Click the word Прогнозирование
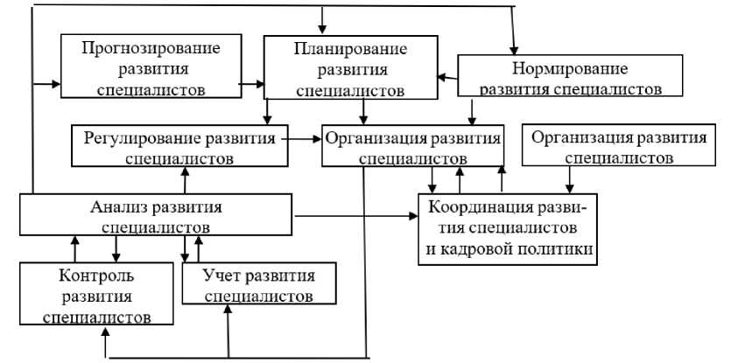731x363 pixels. (151, 48)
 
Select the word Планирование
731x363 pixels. (350, 48)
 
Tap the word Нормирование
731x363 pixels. (570, 68)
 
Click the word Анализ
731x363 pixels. (119, 206)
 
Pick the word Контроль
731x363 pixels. (96, 276)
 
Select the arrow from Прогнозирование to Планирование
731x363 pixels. (252, 84)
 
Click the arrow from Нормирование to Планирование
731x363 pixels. (447, 77)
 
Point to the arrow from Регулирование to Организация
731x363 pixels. (302, 138)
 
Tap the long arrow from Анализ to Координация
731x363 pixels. (356, 216)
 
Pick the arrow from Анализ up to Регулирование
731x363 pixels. (185, 180)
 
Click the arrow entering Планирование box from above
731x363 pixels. (321, 20)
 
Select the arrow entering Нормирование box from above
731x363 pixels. (513, 31)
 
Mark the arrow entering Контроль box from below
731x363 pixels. (105, 342)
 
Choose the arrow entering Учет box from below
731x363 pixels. (228, 332)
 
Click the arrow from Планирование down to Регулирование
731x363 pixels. (267, 112)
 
